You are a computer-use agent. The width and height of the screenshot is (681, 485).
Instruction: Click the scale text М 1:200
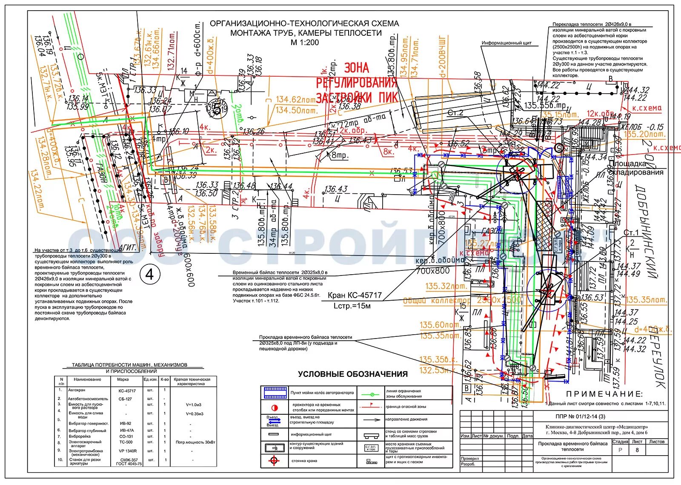304,42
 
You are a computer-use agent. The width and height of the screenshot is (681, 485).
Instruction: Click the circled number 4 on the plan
149,275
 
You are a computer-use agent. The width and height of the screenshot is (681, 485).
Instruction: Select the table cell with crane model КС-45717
127,390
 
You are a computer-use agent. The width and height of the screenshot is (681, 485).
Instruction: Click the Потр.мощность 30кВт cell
195,442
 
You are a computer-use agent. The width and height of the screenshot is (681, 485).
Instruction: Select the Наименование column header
87,379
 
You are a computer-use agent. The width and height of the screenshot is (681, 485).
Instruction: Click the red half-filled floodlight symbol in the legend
275,407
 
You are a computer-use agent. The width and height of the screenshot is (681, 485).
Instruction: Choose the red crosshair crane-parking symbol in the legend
274,461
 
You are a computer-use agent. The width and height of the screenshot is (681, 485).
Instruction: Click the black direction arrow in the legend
371,419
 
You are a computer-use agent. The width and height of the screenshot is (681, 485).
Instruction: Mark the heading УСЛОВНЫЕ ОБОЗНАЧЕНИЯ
352,374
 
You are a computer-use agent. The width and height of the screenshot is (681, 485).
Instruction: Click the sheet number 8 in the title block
637,450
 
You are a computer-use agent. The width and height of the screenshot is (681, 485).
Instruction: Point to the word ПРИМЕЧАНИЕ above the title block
604,394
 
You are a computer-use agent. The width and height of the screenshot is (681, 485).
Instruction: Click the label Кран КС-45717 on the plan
355,295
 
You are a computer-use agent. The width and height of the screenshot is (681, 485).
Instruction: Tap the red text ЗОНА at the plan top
356,68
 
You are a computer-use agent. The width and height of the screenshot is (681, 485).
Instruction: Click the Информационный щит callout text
506,43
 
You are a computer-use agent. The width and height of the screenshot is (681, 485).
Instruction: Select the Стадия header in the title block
620,442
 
